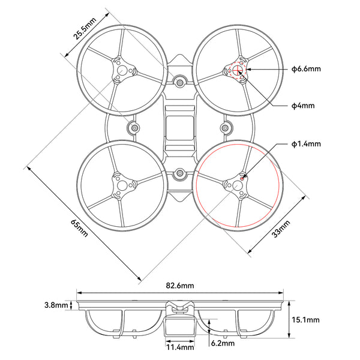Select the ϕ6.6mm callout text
coord(306,69)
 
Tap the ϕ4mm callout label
coord(302,106)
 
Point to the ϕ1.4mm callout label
coord(306,144)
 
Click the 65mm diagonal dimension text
coord(79,228)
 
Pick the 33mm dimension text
coord(281,229)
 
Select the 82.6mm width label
coord(179,285)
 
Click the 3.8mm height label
coord(56,305)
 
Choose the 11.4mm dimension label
coord(179,347)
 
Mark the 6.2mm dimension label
coord(223,343)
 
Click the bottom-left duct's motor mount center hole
coord(122,186)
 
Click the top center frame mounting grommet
coord(179,80)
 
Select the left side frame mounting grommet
coord(133,128)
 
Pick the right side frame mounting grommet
coord(227,128)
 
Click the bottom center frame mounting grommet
coord(179,175)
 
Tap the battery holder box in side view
coord(179,327)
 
